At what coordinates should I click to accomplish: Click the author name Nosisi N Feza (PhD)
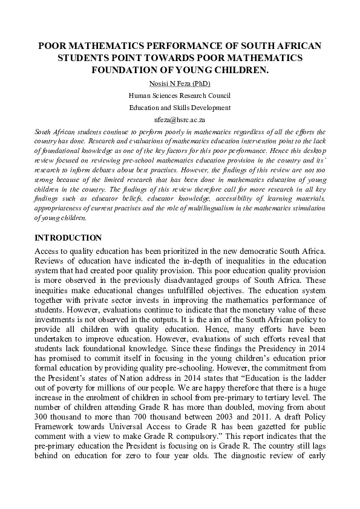click(x=180, y=83)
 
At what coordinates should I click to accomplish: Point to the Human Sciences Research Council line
click(x=180, y=96)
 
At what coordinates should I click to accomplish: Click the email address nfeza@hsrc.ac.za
click(x=180, y=120)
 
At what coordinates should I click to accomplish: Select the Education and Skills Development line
click(x=180, y=108)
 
